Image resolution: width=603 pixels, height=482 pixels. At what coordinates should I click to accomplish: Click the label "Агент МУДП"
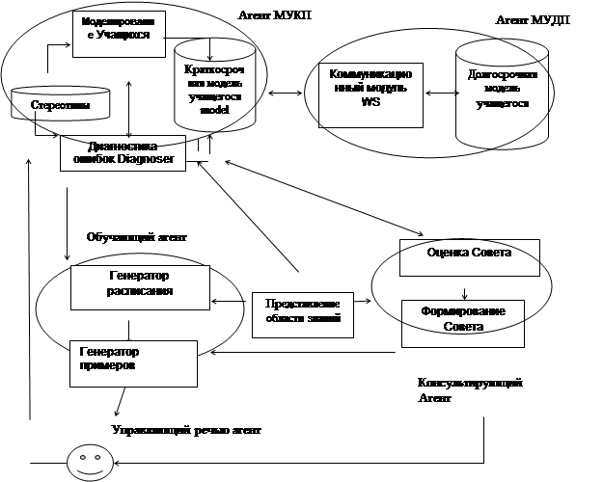(x=526, y=20)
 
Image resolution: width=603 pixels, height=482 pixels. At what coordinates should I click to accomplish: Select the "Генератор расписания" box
(x=140, y=287)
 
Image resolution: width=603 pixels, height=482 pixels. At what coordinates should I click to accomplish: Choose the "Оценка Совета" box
(x=470, y=255)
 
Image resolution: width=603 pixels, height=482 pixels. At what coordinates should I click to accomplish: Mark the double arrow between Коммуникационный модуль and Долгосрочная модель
(x=440, y=94)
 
